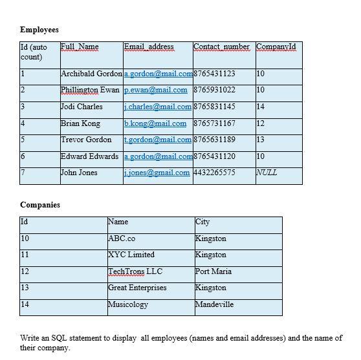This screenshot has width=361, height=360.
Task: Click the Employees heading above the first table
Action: (39, 30)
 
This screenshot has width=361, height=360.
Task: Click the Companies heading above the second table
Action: (40, 205)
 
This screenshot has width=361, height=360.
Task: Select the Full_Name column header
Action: (80, 47)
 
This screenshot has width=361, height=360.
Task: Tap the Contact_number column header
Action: (221, 47)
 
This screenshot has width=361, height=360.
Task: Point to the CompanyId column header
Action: (276, 47)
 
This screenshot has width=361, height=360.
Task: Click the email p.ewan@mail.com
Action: (155, 90)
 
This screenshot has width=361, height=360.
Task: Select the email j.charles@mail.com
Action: (157, 107)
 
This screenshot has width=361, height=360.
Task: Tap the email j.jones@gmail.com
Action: (157, 173)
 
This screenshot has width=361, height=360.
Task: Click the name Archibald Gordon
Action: (91, 74)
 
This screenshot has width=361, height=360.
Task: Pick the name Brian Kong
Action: (80, 123)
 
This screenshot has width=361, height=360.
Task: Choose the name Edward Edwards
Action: (89, 156)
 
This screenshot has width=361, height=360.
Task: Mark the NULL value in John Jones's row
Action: (267, 173)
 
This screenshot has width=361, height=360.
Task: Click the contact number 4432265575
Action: (214, 173)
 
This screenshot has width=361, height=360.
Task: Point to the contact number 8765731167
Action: (214, 123)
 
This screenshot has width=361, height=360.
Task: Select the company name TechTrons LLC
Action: (135, 271)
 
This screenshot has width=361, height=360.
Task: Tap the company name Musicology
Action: (128, 304)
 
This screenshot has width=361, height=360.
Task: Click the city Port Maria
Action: (213, 271)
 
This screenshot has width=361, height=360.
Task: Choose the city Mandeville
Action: (214, 304)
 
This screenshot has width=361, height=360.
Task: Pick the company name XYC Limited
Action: (131, 255)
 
